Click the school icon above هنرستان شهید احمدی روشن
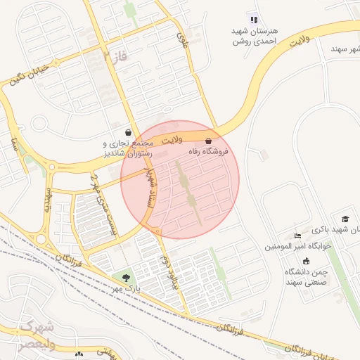(254, 19)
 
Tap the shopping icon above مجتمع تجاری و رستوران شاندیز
(127, 131)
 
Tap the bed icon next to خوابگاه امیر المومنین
(297, 235)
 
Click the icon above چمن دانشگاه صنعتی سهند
(305, 261)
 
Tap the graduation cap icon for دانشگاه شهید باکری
(345, 219)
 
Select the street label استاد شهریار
(148, 188)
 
